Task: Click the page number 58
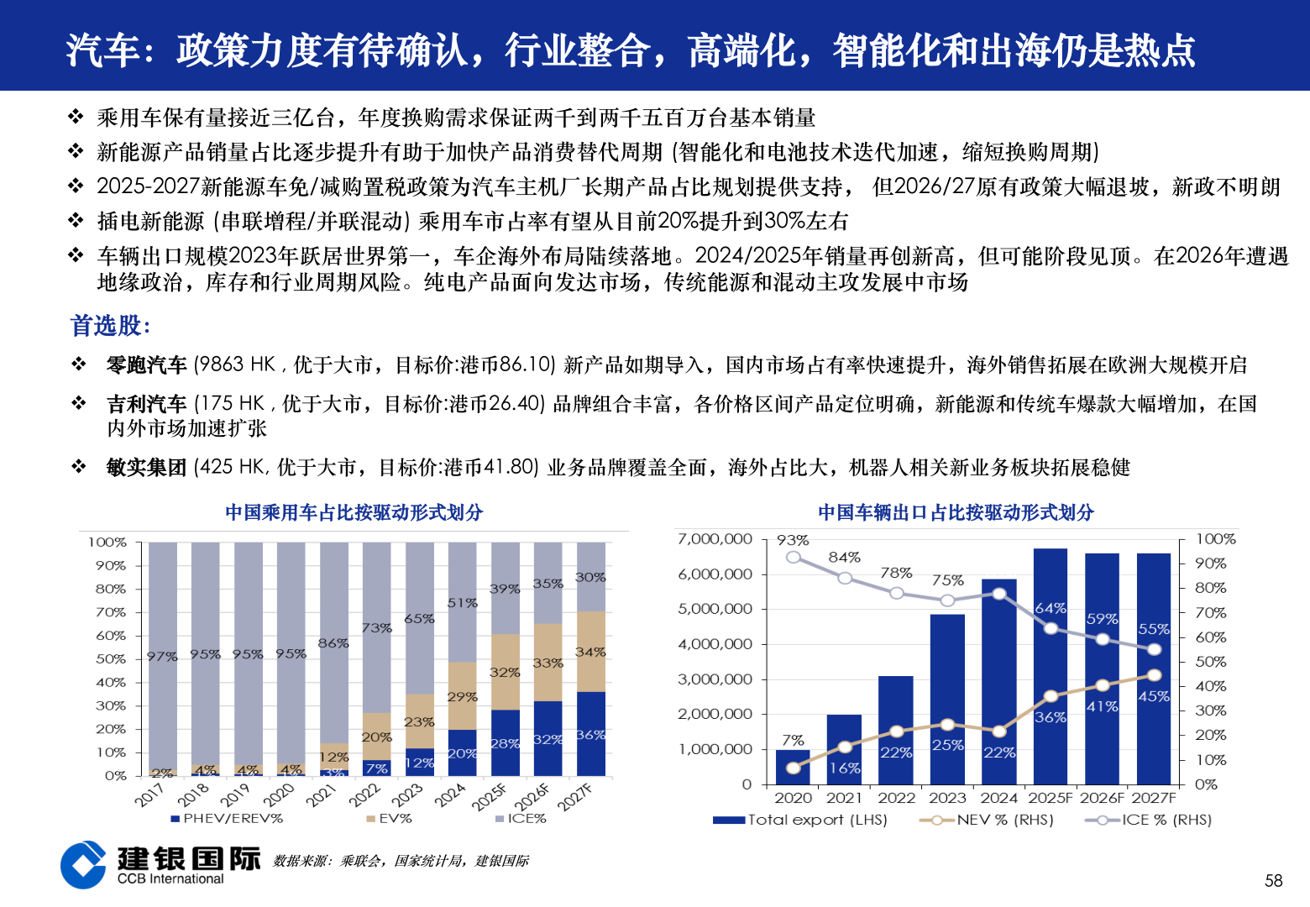pyautogui.click(x=1273, y=880)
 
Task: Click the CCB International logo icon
pyautogui.click(x=83, y=865)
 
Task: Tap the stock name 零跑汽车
pyautogui.click(x=146, y=365)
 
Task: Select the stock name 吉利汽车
pyautogui.click(x=146, y=404)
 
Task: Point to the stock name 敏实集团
pyautogui.click(x=146, y=468)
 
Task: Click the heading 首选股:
pyautogui.click(x=110, y=326)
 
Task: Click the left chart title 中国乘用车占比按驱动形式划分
pyautogui.click(x=354, y=512)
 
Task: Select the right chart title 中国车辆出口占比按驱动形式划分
pyautogui.click(x=956, y=512)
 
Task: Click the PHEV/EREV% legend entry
pyautogui.click(x=226, y=818)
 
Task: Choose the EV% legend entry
pyautogui.click(x=389, y=818)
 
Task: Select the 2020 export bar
pyautogui.click(x=793, y=768)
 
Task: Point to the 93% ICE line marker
pyautogui.click(x=794, y=558)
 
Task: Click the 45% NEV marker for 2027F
pyautogui.click(x=1154, y=675)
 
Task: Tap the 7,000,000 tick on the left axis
pyautogui.click(x=715, y=539)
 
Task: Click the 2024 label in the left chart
pyautogui.click(x=450, y=794)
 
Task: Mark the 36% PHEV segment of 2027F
pyautogui.click(x=590, y=734)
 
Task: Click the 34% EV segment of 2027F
pyautogui.click(x=590, y=652)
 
